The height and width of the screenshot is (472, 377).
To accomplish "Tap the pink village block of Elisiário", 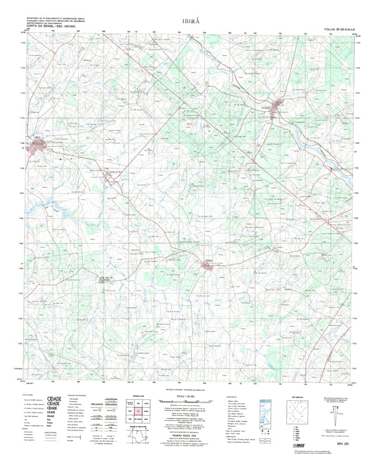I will [x=207, y=265].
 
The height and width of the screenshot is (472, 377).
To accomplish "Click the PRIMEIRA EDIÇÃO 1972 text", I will [x=188, y=435].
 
